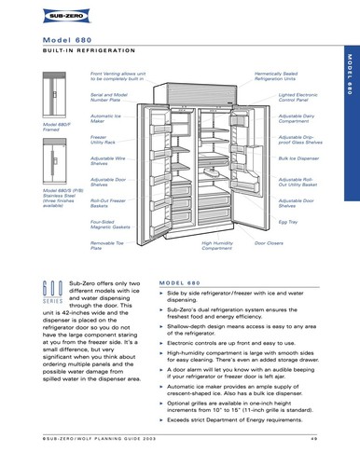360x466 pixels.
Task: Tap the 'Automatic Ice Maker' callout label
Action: [105, 118]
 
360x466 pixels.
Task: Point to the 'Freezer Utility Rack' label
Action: [104, 139]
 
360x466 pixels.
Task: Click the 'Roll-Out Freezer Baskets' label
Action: [107, 202]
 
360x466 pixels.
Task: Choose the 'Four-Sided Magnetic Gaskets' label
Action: [109, 224]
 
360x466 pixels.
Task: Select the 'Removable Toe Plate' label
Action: [105, 245]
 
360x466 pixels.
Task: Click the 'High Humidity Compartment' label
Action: [217, 245]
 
